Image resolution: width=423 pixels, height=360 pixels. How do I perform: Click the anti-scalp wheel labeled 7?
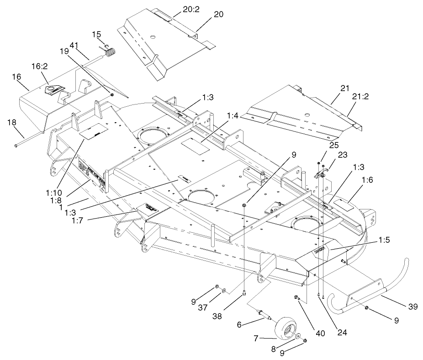tap(285, 324)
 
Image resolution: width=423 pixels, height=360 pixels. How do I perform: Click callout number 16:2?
tap(40, 66)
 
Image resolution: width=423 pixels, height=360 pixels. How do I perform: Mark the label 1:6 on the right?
tap(367, 181)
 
